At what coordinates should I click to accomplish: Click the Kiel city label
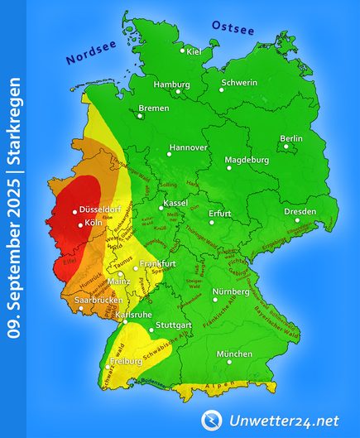[x=195, y=52]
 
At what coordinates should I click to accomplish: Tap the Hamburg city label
[x=171, y=84]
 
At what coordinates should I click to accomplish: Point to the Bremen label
[x=154, y=108]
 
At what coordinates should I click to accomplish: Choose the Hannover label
[x=188, y=147]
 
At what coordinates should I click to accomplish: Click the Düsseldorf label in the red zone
[x=103, y=211]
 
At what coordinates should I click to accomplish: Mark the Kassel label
[x=176, y=203]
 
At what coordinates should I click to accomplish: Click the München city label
[x=234, y=354]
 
